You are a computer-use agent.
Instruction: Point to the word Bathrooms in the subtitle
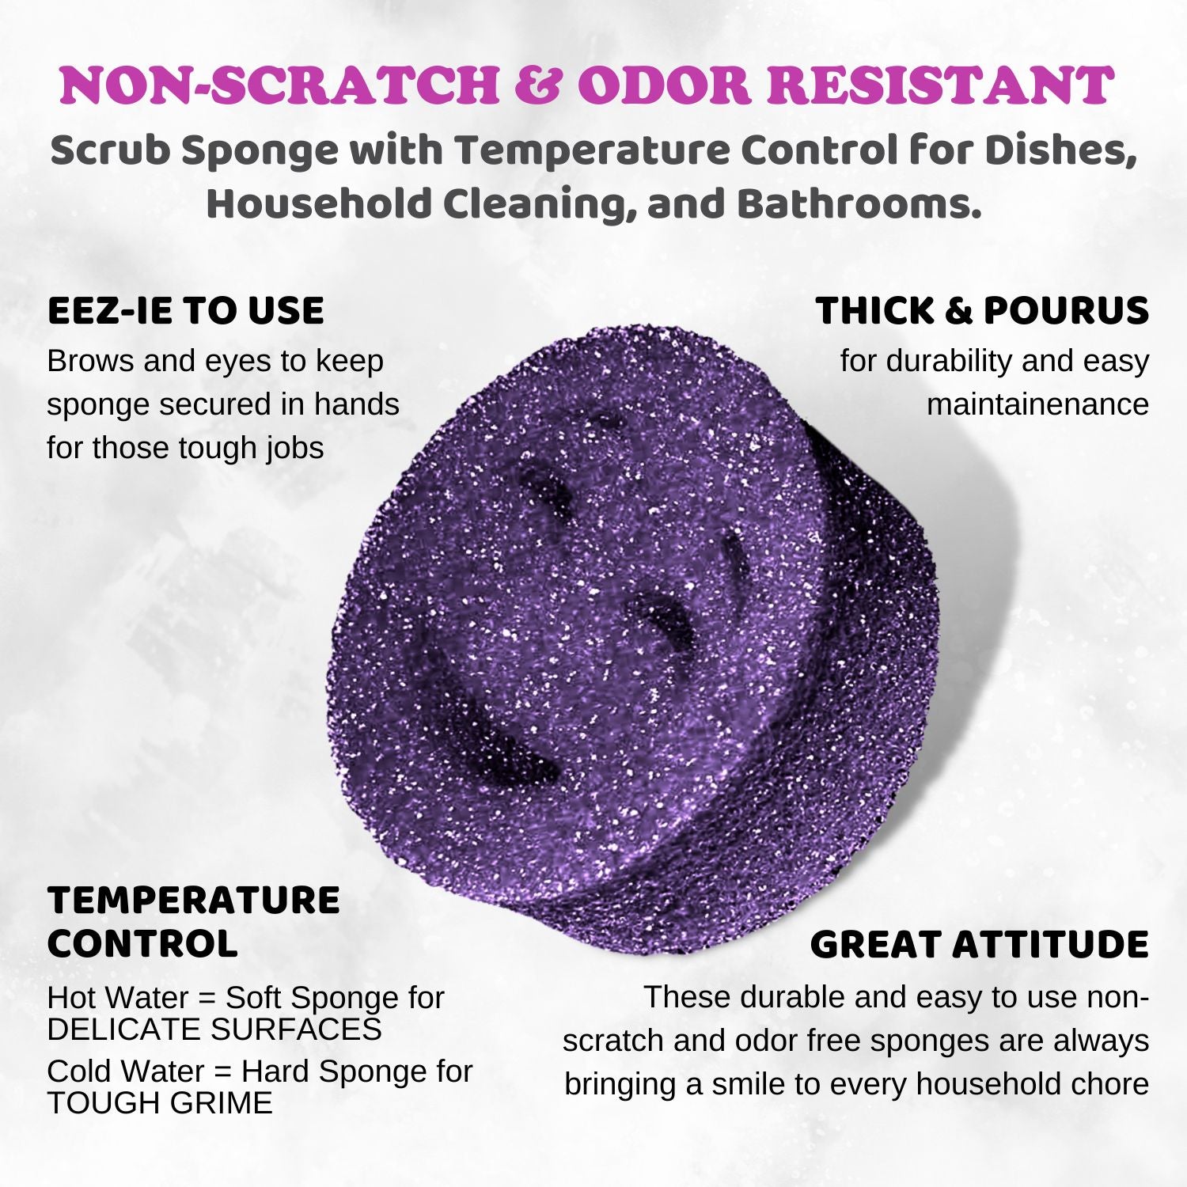click(859, 203)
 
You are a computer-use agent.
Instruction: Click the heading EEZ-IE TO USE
click(186, 310)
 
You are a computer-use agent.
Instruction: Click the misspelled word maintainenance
click(1037, 404)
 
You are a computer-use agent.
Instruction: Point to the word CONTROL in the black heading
click(142, 943)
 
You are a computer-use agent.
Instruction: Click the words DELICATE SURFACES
click(214, 1029)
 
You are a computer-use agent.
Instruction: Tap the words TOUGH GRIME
click(160, 1102)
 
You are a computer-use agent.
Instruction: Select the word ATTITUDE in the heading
click(1049, 944)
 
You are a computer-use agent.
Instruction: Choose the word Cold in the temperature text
click(81, 1071)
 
